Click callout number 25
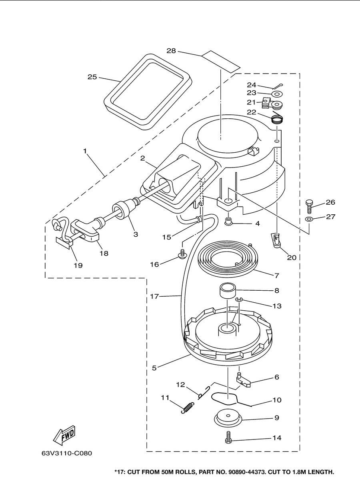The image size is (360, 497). pyautogui.click(x=92, y=77)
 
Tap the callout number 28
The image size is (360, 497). pyautogui.click(x=171, y=51)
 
